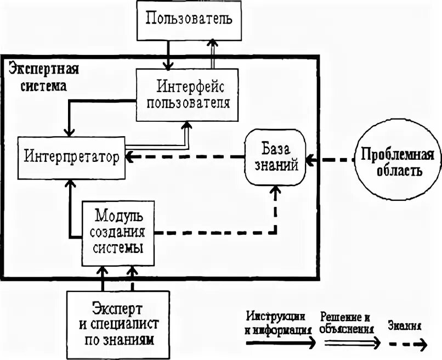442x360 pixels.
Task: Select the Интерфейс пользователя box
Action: coord(188,94)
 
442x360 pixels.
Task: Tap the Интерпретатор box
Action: coord(72,157)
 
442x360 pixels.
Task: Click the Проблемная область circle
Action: coord(392,161)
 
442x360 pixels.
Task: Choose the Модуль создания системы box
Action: coord(117,231)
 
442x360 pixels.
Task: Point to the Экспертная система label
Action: coord(43,77)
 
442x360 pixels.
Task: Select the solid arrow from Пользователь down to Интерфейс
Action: coord(168,55)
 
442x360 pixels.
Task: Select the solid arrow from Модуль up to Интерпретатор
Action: coord(70,209)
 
